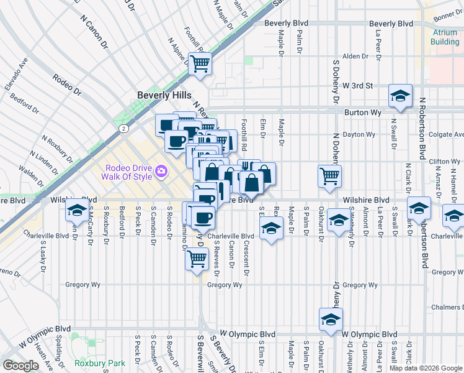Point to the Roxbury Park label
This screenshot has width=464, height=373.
(x=99, y=363)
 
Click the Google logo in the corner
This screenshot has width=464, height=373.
(x=20, y=366)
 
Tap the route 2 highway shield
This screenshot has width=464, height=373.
(x=124, y=128)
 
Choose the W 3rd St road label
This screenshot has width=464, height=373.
(x=357, y=86)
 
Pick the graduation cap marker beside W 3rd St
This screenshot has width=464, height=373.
(x=400, y=96)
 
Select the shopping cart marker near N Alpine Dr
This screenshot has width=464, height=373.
(x=200, y=62)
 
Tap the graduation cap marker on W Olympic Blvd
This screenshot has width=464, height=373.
(x=331, y=320)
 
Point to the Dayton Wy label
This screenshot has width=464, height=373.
(x=362, y=134)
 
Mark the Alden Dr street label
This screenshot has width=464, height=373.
(x=355, y=56)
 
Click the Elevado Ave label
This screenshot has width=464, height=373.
(x=17, y=73)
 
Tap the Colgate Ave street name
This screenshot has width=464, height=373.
(x=447, y=134)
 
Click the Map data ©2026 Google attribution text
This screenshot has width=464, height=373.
(x=426, y=368)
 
